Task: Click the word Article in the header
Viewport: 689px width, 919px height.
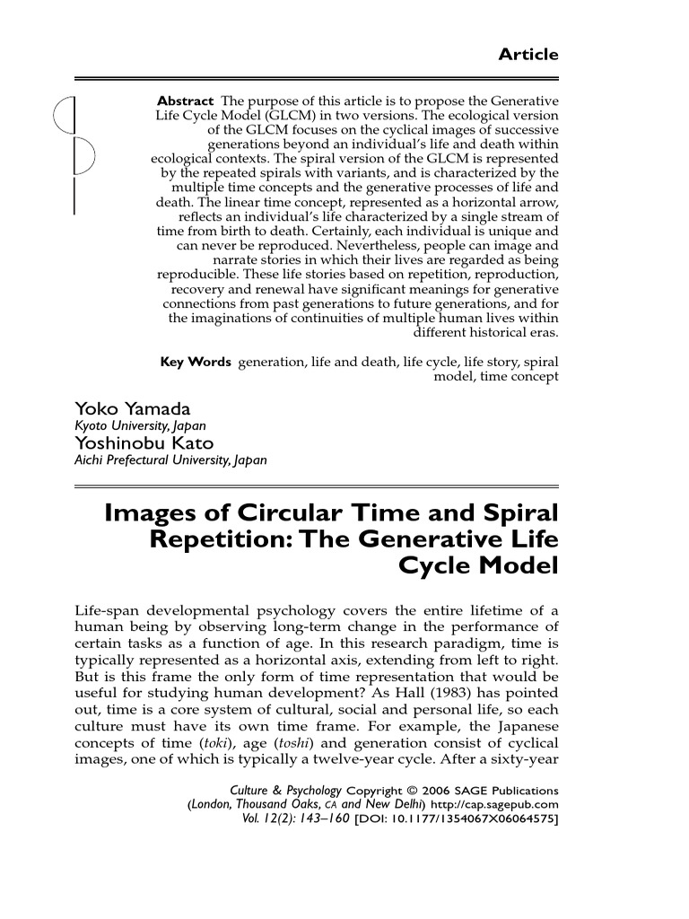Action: click(x=528, y=55)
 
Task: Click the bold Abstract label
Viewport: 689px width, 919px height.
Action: click(x=186, y=101)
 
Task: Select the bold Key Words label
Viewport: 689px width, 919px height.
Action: click(x=196, y=362)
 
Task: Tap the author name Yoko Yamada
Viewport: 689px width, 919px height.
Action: click(x=132, y=409)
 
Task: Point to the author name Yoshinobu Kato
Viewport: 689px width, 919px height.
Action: click(x=144, y=443)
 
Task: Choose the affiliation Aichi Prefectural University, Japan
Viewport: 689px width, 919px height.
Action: click(x=170, y=459)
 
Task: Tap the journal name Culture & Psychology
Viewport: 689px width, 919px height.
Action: click(x=274, y=791)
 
